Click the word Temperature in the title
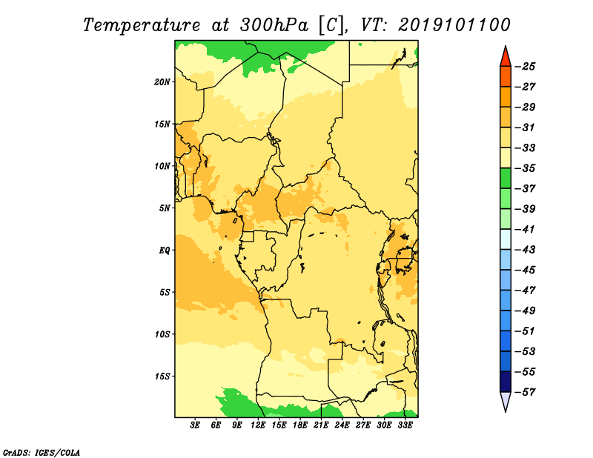[x=142, y=25]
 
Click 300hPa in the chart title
[x=274, y=25]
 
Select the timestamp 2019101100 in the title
[x=454, y=25]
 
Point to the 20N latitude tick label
[x=162, y=82]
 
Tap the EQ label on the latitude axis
[x=164, y=250]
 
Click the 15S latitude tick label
[x=162, y=376]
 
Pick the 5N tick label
[x=165, y=208]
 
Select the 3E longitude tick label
[x=195, y=425]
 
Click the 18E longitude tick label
[x=300, y=425]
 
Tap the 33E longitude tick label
[x=405, y=425]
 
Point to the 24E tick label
[x=342, y=425]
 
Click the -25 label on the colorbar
[x=525, y=67]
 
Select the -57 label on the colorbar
[x=525, y=392]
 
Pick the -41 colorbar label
[x=525, y=230]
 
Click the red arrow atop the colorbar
[x=506, y=57]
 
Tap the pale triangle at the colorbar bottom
[x=506, y=400]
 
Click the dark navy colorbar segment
[x=506, y=382]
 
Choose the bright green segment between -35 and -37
[x=506, y=179]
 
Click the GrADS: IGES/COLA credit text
[x=42, y=453]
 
